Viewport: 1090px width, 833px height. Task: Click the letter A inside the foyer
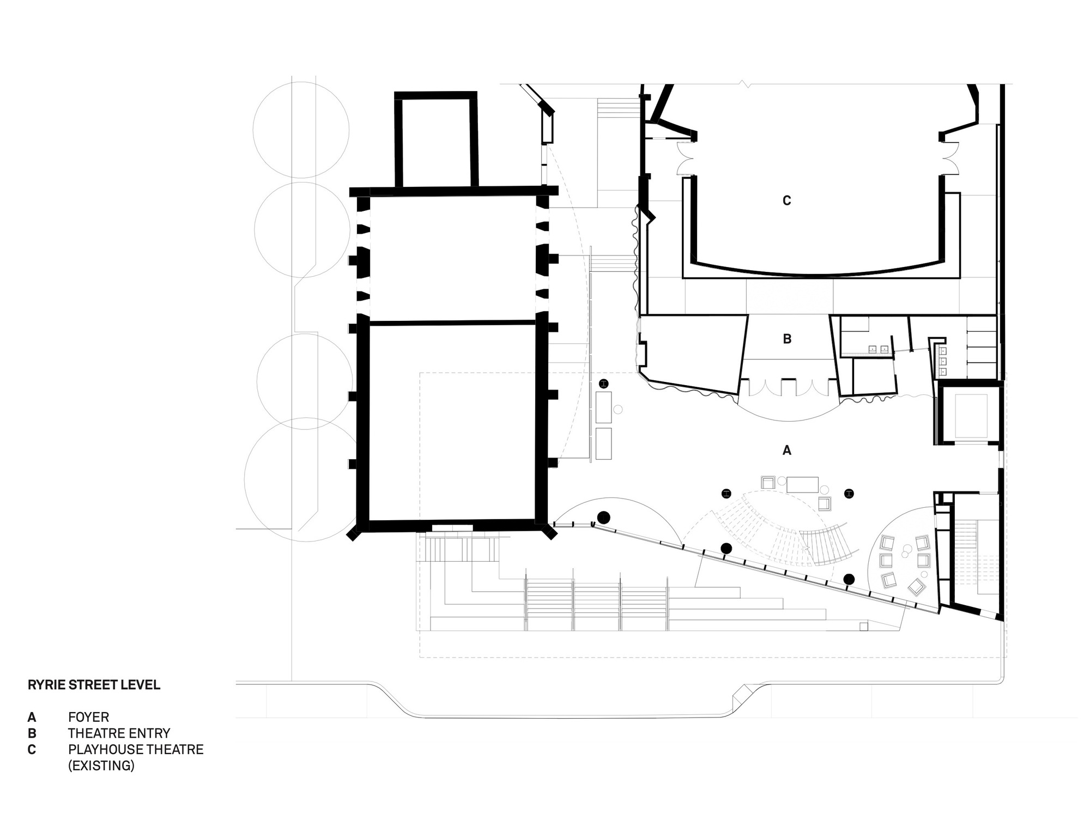click(x=786, y=451)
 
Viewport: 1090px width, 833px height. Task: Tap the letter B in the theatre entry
click(x=787, y=339)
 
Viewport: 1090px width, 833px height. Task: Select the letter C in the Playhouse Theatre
click(x=786, y=201)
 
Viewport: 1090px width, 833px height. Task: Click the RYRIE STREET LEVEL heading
click(x=94, y=685)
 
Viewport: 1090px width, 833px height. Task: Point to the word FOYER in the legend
click(x=88, y=717)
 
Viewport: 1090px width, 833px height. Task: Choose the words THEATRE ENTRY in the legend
click(x=119, y=733)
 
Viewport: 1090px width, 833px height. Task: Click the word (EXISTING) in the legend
click(x=101, y=765)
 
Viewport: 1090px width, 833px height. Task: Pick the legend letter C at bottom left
click(x=32, y=750)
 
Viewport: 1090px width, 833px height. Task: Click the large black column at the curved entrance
click(x=603, y=517)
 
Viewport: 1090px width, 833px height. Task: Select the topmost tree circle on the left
click(x=301, y=130)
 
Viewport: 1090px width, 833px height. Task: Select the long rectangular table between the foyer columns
click(x=802, y=484)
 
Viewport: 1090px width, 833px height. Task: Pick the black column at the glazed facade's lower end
click(x=849, y=579)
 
